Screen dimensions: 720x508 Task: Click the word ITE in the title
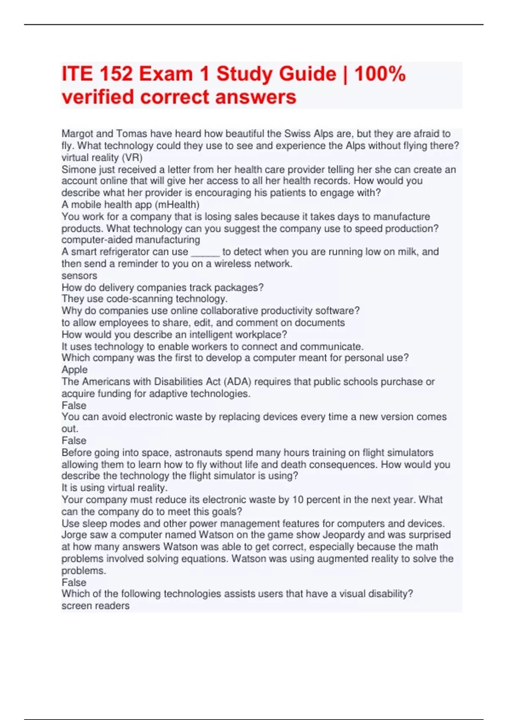tap(77, 74)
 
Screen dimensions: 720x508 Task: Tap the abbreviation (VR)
tap(132, 158)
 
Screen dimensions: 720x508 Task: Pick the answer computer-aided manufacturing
tap(131, 240)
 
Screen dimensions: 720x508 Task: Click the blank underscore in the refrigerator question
tap(205, 252)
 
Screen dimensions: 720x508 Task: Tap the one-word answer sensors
tap(79, 276)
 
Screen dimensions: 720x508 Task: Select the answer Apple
tap(75, 370)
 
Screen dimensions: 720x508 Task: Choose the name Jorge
tap(74, 535)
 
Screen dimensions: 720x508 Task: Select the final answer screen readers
tap(95, 606)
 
